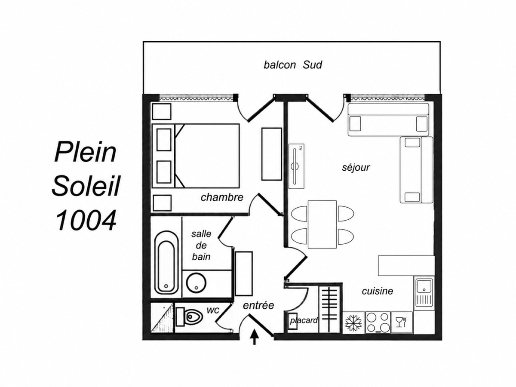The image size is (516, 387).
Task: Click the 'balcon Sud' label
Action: pyautogui.click(x=293, y=64)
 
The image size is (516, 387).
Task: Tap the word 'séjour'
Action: pyautogui.click(x=356, y=168)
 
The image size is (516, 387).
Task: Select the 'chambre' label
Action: pyautogui.click(x=222, y=197)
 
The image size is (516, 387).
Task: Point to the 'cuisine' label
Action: pyautogui.click(x=377, y=291)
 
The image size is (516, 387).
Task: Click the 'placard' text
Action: pyautogui.click(x=304, y=320)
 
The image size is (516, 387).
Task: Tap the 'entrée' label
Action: pyautogui.click(x=258, y=305)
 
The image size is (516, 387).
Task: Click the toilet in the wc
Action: pyautogui.click(x=189, y=317)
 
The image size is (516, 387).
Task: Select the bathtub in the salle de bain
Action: pyautogui.click(x=166, y=263)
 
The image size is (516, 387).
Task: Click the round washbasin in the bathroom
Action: pyautogui.click(x=196, y=283)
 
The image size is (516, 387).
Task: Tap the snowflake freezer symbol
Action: pyautogui.click(x=353, y=322)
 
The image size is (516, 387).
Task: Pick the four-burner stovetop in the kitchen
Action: pyautogui.click(x=378, y=322)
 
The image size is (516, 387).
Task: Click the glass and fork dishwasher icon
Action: pyautogui.click(x=401, y=322)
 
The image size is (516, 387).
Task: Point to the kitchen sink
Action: pyautogui.click(x=424, y=293)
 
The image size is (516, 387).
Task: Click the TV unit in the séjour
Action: pyautogui.click(x=296, y=166)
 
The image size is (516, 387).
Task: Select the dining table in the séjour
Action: pyautogui.click(x=322, y=224)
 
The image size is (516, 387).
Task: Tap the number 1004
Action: pyautogui.click(x=86, y=221)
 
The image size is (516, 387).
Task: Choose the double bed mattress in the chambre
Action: pyautogui.click(x=207, y=156)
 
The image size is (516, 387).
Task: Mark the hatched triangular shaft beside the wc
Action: pyautogui.click(x=163, y=318)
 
